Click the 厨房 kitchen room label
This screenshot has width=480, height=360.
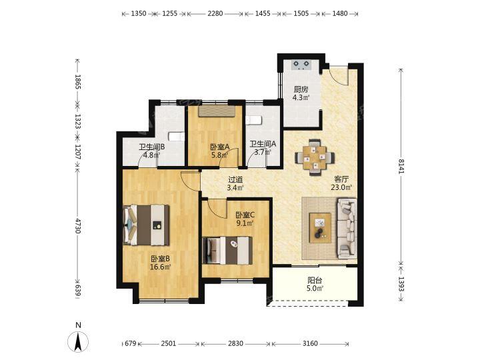point(301,89)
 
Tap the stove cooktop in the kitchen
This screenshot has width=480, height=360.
point(301,64)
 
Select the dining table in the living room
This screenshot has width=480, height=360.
point(315,157)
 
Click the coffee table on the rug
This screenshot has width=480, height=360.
point(320,228)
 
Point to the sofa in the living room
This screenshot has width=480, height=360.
point(347,228)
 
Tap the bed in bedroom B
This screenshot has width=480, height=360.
point(146,225)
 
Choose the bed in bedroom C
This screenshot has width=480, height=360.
point(227,250)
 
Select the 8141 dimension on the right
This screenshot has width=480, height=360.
point(401,166)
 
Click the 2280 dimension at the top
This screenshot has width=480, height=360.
point(215,13)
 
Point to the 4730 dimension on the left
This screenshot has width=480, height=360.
point(77,226)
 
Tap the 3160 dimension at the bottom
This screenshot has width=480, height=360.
point(310,344)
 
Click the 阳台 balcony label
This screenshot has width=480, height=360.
point(315,281)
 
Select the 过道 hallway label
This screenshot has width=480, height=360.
point(235,180)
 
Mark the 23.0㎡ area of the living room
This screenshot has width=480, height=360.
point(341,187)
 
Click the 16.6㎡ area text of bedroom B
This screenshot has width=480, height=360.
point(160,267)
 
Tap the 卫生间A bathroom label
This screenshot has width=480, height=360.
point(263,144)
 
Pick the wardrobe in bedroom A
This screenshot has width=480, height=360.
point(217,111)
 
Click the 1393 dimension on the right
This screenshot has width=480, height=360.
point(401,285)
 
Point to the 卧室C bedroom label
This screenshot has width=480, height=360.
point(245,215)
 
